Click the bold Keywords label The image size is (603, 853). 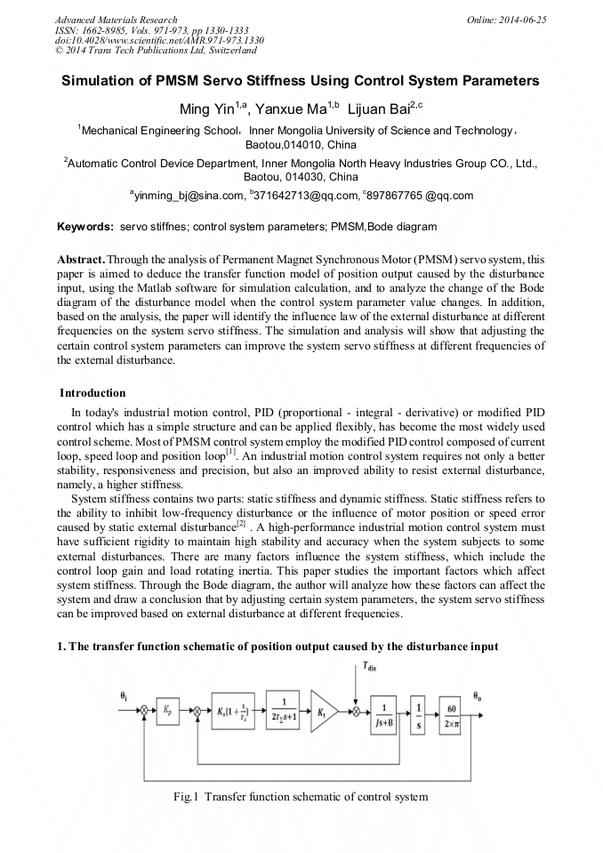(x=85, y=228)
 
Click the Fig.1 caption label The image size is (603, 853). (x=186, y=797)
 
